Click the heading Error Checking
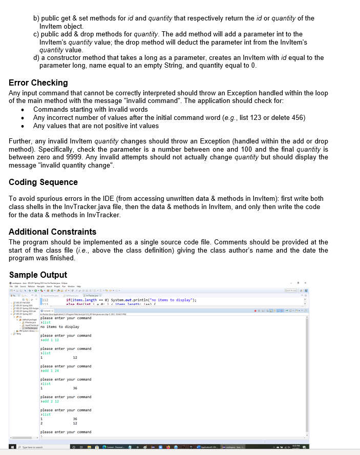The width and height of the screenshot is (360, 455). coord(38,82)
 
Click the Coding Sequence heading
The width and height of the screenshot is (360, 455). coord(44,182)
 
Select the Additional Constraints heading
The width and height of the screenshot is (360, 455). coord(52,232)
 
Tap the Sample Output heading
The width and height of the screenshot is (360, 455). coord(38,274)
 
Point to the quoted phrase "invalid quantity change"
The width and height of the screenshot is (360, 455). coord(93,164)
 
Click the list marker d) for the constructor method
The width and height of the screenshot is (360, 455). coord(36,58)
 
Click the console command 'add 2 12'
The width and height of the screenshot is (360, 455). coord(51,401)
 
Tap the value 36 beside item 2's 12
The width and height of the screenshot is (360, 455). coord(75,419)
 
